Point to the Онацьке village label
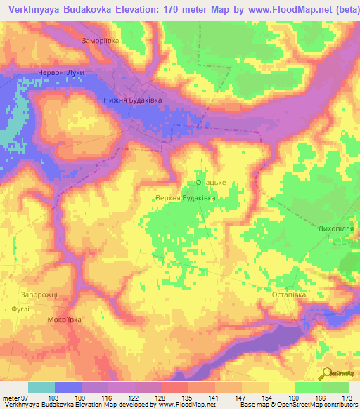coord(210,183)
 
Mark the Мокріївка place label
coord(64,320)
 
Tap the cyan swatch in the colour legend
coord(41,387)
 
